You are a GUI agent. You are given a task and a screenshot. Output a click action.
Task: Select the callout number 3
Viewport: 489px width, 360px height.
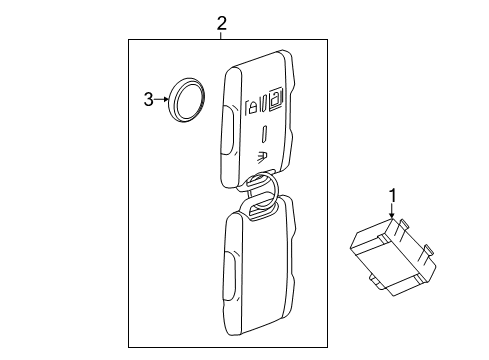148,99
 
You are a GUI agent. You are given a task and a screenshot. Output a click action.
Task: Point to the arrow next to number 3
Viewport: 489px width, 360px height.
160,99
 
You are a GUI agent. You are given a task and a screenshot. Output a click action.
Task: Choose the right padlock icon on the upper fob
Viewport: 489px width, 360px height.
273,99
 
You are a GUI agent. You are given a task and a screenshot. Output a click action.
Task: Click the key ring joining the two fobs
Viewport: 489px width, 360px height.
261,194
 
